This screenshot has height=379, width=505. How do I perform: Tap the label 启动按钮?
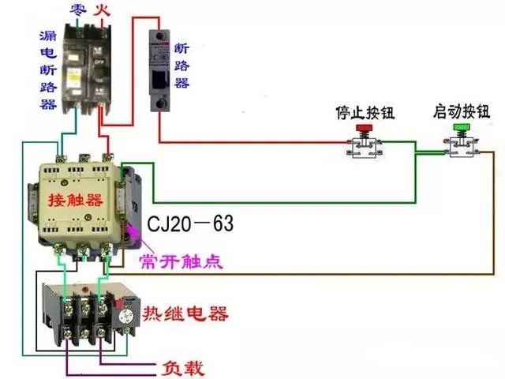(x=460, y=111)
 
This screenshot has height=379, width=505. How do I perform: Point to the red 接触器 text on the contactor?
(x=76, y=197)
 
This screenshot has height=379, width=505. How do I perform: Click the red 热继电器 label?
(x=185, y=314)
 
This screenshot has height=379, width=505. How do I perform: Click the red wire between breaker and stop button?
(x=252, y=142)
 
